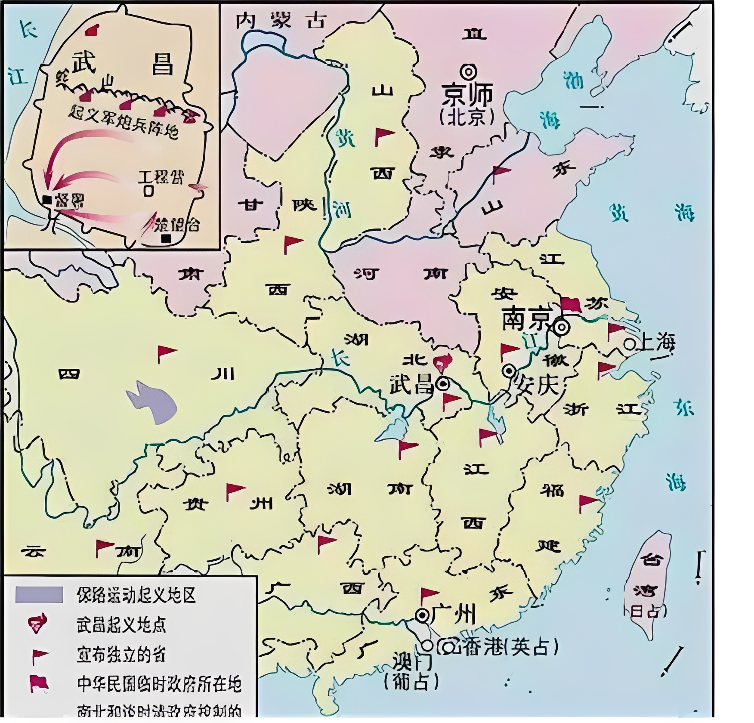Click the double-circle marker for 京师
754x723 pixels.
[468, 71]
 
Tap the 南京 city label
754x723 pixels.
[526, 319]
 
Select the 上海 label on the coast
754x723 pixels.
[658, 342]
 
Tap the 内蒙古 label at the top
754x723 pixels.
[281, 21]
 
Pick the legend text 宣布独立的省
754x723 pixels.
[121, 655]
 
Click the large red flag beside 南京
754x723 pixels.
[570, 304]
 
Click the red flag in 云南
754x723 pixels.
[103, 547]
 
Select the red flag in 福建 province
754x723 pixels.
[587, 502]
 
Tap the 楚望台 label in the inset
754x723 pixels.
[176, 224]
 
